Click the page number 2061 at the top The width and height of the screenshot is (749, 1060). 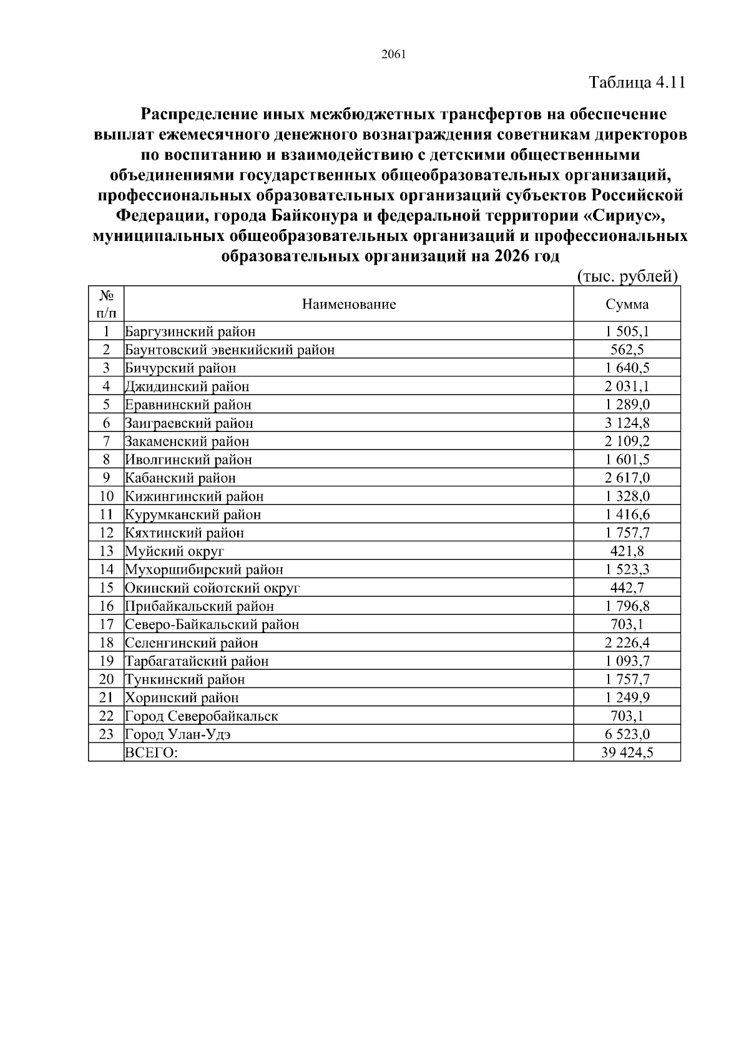coord(393,54)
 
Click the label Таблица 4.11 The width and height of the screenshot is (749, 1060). coord(637,82)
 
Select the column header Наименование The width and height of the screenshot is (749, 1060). coord(349,305)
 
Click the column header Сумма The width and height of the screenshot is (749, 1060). coord(627,305)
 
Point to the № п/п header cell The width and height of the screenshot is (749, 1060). coord(106,303)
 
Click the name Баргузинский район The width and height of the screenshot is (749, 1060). coord(190,331)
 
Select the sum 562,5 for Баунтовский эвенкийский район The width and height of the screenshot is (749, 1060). coord(627,350)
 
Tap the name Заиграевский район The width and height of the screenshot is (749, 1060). coord(189,423)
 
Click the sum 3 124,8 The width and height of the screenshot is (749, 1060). coord(627,423)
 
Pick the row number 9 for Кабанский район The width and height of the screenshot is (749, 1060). coord(106,478)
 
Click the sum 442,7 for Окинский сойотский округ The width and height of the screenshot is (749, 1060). coord(627,588)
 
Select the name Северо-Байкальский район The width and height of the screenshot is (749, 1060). coord(212,624)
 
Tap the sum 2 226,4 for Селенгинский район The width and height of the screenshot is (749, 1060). coord(627,643)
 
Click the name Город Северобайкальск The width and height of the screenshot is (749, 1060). coord(202,716)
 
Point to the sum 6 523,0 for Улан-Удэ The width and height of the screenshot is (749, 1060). coord(627,734)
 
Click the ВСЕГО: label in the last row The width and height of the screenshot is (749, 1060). coord(152,753)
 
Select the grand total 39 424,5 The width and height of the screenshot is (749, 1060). coord(627,753)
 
